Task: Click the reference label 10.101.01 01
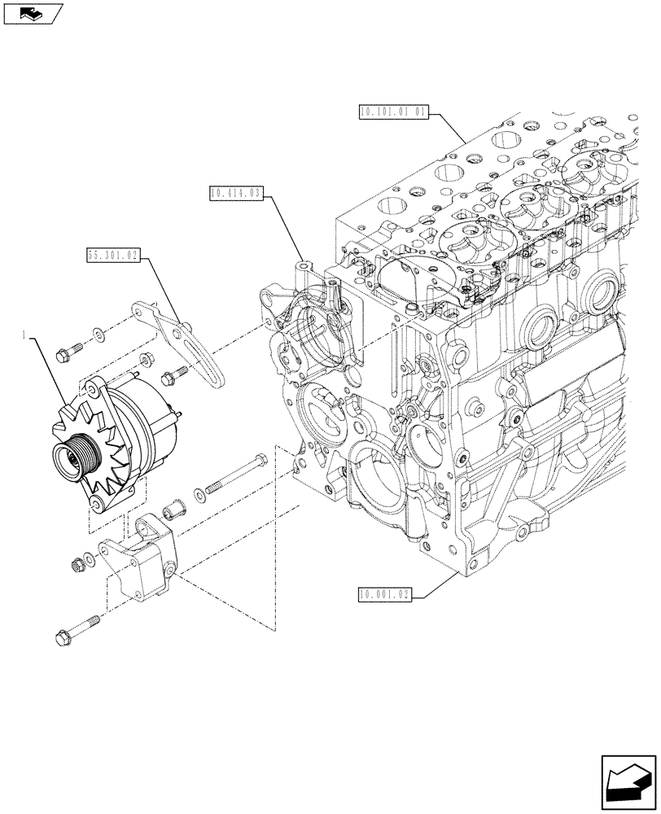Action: point(392,112)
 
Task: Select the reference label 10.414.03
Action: point(234,194)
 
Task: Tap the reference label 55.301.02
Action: point(113,257)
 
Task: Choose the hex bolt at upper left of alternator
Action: point(68,352)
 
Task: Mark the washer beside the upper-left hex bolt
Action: point(98,333)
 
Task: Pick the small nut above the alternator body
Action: point(147,358)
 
